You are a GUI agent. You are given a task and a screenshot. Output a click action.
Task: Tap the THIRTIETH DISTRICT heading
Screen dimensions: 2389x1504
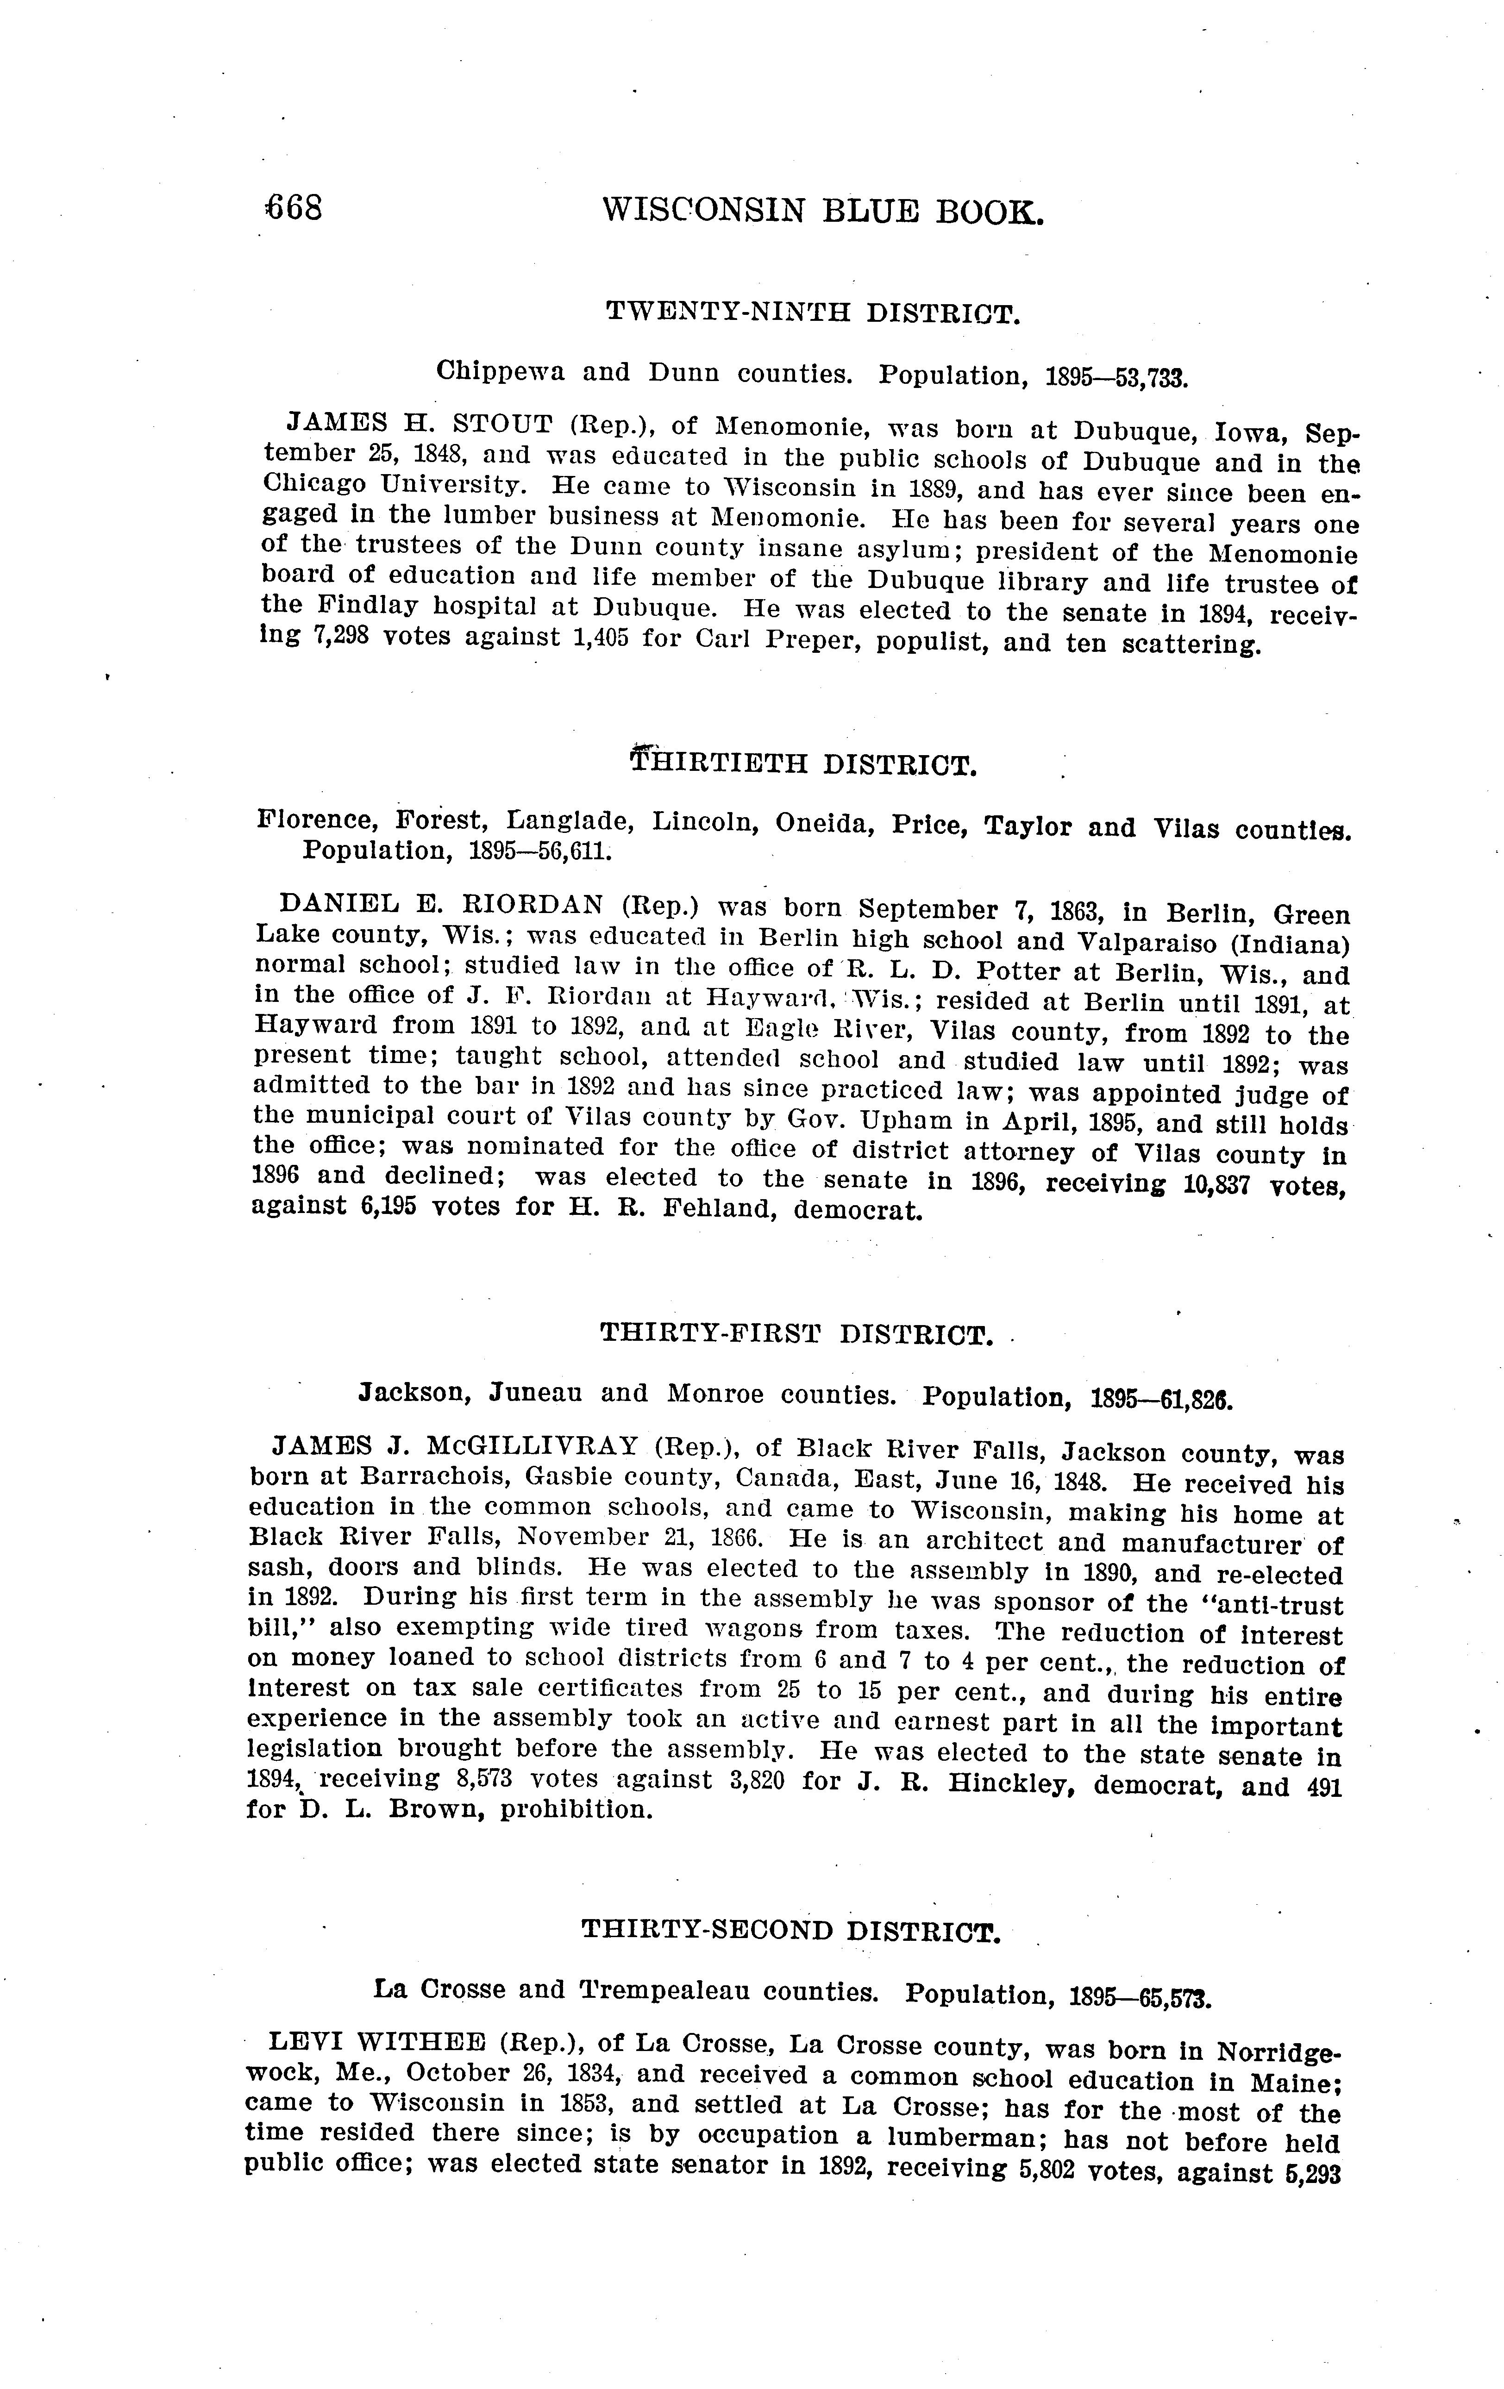pos(803,764)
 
